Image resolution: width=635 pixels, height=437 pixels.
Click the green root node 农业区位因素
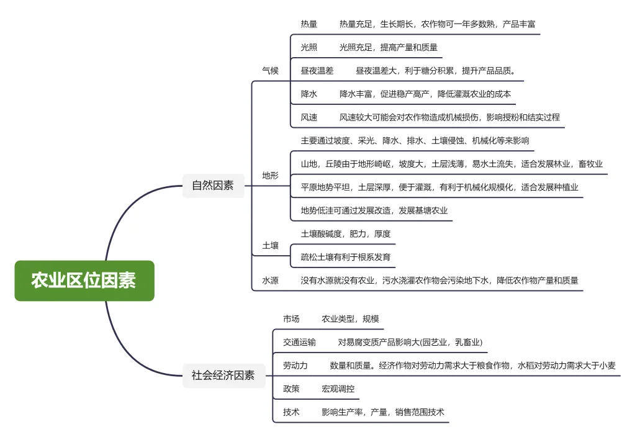pyautogui.click(x=84, y=281)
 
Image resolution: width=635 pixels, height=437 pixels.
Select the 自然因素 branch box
pyautogui.click(x=213, y=185)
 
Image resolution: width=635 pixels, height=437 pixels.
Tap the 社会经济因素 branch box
pyautogui.click(x=223, y=376)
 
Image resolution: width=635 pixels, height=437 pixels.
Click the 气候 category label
pyautogui.click(x=271, y=71)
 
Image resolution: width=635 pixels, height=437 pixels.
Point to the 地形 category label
pyautogui.click(x=271, y=176)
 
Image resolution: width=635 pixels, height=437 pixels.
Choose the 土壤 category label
pyautogui.click(x=271, y=246)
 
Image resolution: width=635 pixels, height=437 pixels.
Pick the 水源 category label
pyautogui.click(x=271, y=281)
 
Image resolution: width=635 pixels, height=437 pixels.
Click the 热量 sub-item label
pyautogui.click(x=309, y=24)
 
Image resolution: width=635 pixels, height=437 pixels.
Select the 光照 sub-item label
pyautogui.click(x=309, y=47)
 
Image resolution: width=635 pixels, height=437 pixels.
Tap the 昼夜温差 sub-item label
pyautogui.click(x=317, y=71)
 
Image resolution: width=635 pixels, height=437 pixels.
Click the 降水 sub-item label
pyautogui.click(x=309, y=94)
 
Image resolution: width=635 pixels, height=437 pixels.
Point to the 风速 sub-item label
pyautogui.click(x=309, y=117)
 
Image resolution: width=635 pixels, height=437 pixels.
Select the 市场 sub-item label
pyautogui.click(x=291, y=319)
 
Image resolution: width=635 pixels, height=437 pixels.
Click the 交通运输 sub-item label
pyautogui.click(x=299, y=342)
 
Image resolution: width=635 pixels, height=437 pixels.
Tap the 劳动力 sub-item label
pyautogui.click(x=295, y=366)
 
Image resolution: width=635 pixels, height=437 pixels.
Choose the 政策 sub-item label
pyautogui.click(x=291, y=389)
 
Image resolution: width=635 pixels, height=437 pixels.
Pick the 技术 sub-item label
pyautogui.click(x=291, y=412)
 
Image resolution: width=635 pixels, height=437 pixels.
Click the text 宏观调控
pyautogui.click(x=338, y=389)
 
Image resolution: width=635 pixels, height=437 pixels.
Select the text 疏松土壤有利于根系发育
pyautogui.click(x=346, y=257)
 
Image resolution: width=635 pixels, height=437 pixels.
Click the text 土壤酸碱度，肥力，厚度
pyautogui.click(x=346, y=234)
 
